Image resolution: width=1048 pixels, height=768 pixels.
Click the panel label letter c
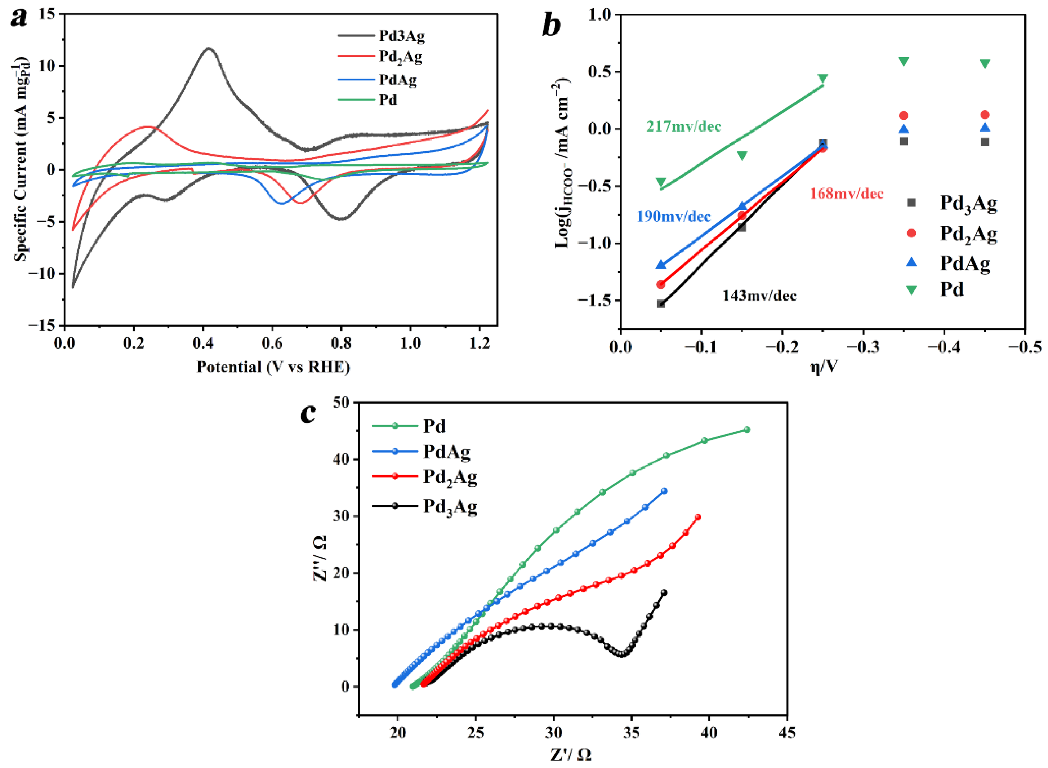[309, 413]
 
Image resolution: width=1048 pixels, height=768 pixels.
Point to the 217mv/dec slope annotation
[684, 126]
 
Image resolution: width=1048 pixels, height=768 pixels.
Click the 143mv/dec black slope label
[759, 296]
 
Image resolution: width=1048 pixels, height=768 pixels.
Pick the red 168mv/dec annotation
[846, 194]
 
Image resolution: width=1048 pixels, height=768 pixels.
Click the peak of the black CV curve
[209, 48]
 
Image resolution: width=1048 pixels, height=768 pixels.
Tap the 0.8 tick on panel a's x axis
[341, 343]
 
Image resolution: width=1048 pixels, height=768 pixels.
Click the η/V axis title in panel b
[824, 367]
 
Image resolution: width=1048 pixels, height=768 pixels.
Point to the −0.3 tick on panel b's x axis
[863, 347]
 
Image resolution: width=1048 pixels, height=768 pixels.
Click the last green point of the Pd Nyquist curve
[747, 430]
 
